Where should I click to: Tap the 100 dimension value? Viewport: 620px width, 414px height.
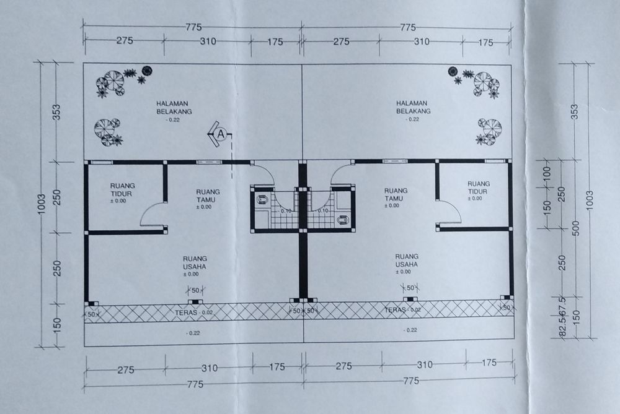coord(547,175)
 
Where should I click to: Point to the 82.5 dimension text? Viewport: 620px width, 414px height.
coord(562,327)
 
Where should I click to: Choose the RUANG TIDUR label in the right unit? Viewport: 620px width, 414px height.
coord(479,188)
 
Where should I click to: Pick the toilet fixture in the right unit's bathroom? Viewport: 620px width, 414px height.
coord(343,219)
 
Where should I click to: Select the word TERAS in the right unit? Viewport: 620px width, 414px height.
coord(395,309)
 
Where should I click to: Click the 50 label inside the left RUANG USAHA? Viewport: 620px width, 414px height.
coord(195,290)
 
